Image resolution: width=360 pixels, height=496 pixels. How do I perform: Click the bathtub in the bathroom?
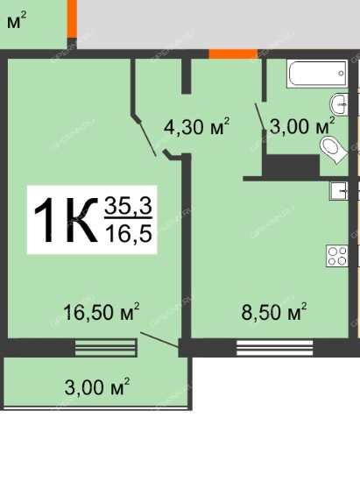coord(317,74)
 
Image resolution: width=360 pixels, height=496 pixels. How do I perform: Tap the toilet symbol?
coord(333,150)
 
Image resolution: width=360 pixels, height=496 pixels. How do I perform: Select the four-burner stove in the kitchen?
coord(337,256)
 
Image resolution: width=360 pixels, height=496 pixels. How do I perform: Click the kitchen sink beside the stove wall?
coord(338,191)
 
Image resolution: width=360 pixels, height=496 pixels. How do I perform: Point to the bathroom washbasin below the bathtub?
coord(339,103)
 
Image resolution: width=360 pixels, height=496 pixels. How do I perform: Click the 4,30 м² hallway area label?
coord(196,126)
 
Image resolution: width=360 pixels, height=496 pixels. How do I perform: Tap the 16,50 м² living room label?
coord(101,312)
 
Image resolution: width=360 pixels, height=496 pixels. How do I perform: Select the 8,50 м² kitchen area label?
coord(274,312)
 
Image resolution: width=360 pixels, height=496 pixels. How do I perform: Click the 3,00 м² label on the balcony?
coord(97,386)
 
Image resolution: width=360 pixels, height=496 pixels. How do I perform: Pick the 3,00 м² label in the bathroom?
coord(302,126)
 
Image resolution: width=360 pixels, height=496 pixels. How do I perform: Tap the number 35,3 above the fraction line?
coord(129,205)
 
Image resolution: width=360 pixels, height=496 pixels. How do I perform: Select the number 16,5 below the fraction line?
coord(129,233)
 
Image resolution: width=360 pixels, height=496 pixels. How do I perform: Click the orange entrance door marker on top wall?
coord(233,53)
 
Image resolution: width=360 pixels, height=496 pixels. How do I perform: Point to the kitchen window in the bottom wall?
coord(275,348)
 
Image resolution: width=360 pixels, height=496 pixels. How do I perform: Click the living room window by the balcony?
coord(106,348)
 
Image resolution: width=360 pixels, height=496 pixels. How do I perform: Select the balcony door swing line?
coord(159,340)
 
